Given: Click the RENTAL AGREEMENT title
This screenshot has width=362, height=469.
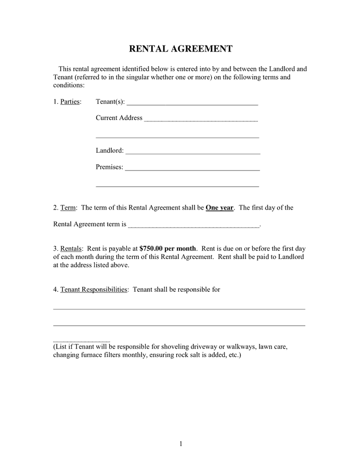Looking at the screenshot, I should (x=180, y=49).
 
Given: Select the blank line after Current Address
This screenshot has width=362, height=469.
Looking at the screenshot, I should (x=201, y=120).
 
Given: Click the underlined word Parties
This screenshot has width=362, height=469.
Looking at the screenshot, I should (x=70, y=102).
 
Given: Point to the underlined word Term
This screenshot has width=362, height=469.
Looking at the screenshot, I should (x=68, y=208).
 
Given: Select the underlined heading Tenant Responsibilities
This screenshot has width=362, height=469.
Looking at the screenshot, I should (x=94, y=290).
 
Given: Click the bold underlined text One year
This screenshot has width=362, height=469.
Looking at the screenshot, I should (x=219, y=208).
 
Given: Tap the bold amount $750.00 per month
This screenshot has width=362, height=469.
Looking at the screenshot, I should (x=167, y=249).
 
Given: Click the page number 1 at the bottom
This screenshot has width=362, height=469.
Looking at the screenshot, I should (x=181, y=444).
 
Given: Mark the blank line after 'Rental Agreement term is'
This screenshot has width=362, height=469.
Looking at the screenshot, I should (x=193, y=226).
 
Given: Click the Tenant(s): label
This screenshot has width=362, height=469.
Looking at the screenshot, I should (x=110, y=102).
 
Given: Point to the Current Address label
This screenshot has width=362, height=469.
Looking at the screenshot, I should (x=119, y=118).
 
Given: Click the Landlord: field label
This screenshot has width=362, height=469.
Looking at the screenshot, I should (x=110, y=151).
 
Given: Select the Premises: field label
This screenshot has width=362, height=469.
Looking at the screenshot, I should (x=109, y=167).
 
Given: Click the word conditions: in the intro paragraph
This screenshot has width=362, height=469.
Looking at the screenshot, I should (x=69, y=85).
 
